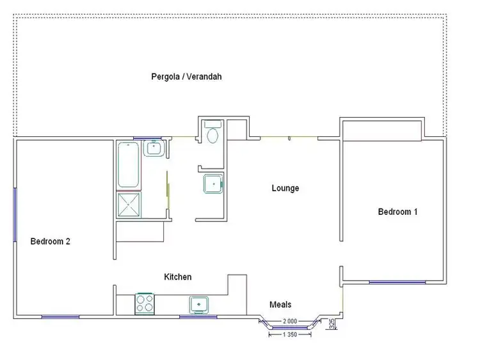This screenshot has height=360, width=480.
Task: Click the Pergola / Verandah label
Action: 186,77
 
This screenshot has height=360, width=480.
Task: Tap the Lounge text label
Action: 285,188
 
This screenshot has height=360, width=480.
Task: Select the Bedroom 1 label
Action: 397,212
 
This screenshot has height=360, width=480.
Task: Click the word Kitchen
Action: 177,277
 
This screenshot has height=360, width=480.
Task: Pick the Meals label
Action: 281,305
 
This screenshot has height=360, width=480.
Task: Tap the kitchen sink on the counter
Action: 199,303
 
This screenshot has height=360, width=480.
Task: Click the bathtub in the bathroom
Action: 129,165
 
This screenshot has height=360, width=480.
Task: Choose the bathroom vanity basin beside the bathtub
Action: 154,149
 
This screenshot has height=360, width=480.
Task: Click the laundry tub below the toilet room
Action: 212,184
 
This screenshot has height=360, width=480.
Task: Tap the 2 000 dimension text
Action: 289,321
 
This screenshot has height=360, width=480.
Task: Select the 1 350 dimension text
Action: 289,334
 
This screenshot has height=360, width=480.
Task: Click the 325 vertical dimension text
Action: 332,324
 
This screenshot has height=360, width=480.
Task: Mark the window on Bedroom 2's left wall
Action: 14,214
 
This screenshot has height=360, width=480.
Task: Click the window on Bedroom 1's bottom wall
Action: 397,281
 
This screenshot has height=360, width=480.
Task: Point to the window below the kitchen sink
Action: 198,317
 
